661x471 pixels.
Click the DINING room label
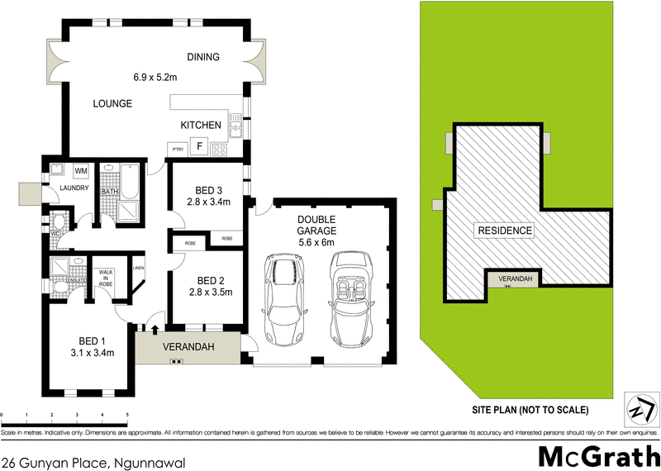tap(203, 57)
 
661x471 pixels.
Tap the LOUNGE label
tap(112, 104)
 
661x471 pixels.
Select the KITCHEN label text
tap(201, 126)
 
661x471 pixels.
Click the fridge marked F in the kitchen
tap(199, 147)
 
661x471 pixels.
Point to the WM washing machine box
tap(82, 171)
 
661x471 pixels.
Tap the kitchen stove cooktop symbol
tap(221, 150)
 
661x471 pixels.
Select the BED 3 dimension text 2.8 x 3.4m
tap(207, 202)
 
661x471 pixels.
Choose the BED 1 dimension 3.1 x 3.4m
tap(91, 354)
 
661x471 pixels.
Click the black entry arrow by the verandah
tap(155, 331)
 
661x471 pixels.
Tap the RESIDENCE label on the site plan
tap(505, 231)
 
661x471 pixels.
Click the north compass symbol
tap(637, 408)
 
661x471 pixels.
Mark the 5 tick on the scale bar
tap(127, 415)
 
